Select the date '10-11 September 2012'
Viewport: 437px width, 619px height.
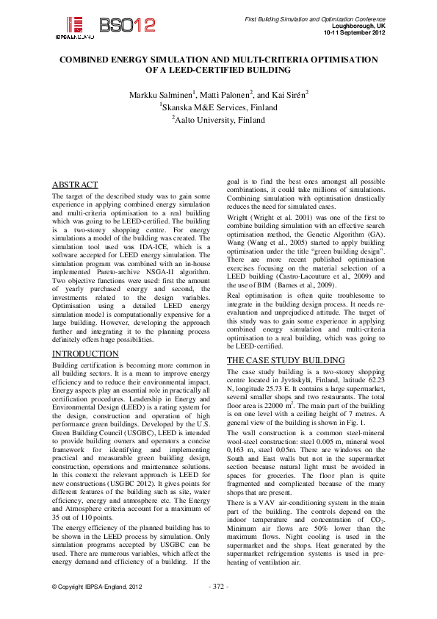click(x=351, y=32)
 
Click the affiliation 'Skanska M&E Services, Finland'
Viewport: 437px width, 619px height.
click(x=218, y=107)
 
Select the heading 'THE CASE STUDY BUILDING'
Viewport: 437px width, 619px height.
click(x=285, y=360)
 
